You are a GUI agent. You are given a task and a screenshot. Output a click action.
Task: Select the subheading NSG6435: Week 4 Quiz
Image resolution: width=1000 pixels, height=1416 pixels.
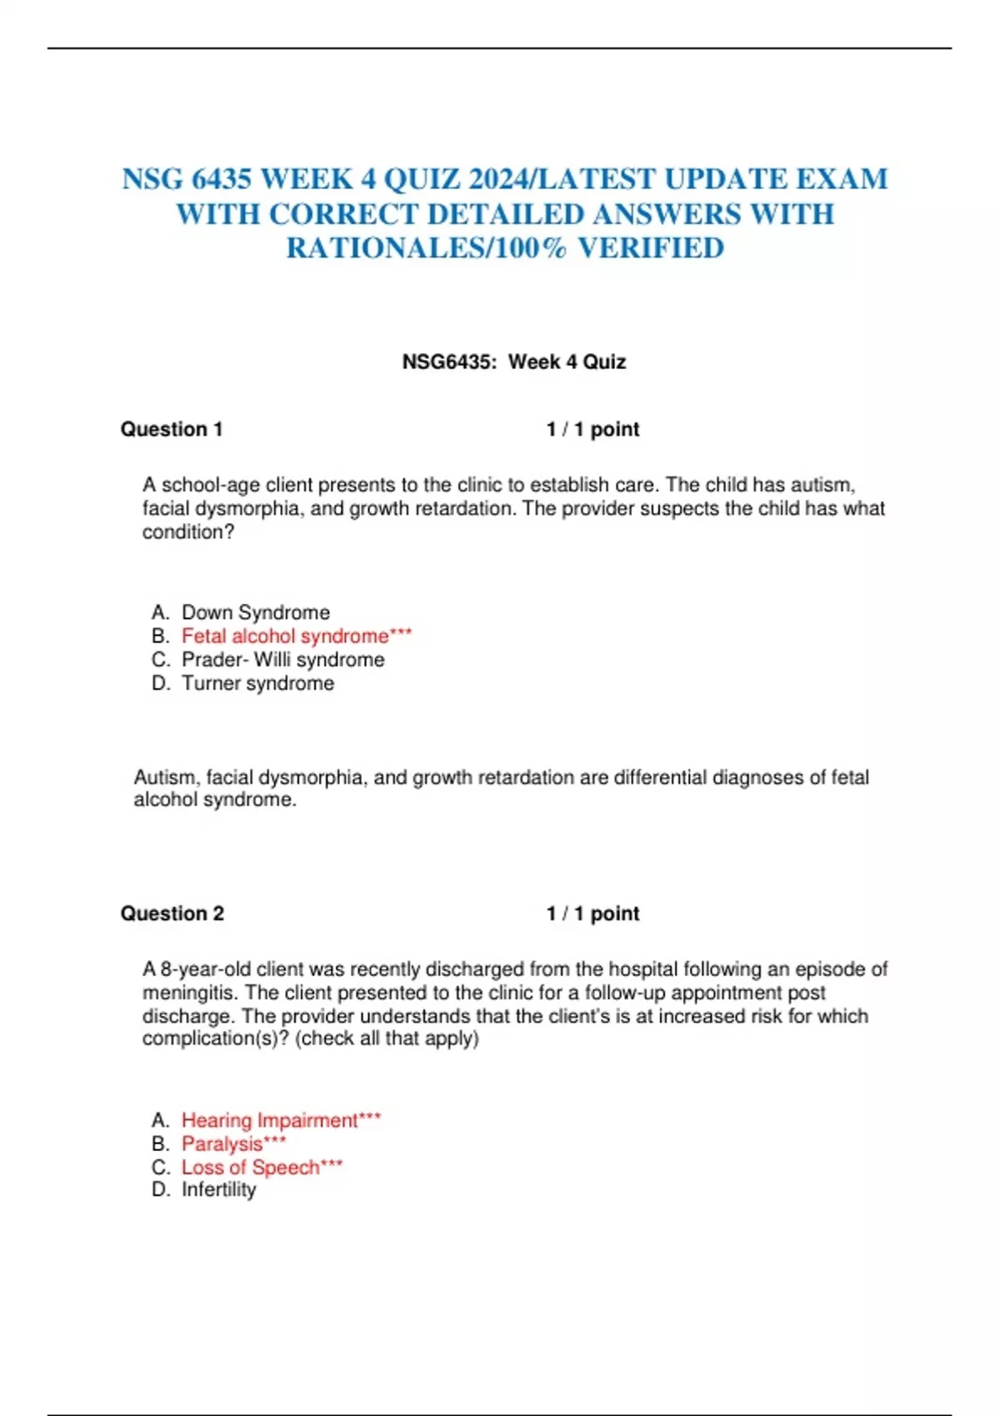tap(513, 361)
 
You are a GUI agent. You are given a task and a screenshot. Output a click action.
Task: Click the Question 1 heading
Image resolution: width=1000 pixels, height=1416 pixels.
tap(172, 429)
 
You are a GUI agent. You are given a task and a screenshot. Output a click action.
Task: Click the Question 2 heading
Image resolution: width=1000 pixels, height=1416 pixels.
tap(172, 913)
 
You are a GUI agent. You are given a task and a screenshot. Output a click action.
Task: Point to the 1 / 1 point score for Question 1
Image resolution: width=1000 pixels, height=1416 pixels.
tap(592, 429)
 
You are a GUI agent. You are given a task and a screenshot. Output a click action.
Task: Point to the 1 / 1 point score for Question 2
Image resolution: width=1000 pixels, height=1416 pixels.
tap(592, 913)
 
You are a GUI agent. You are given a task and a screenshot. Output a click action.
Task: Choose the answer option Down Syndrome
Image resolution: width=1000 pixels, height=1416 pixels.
tap(256, 612)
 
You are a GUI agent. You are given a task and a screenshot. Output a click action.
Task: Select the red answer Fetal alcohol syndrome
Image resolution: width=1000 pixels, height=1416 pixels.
tap(285, 636)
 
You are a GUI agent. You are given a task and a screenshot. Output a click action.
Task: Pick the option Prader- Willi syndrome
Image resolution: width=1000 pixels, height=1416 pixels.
tap(283, 660)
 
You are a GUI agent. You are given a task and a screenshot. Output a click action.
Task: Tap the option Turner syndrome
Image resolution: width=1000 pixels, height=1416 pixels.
tap(258, 683)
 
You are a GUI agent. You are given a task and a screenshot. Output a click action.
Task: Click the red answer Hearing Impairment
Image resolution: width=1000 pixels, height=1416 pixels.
tap(270, 1120)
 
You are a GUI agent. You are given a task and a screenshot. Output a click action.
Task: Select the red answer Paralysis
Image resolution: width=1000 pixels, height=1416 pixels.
tap(222, 1144)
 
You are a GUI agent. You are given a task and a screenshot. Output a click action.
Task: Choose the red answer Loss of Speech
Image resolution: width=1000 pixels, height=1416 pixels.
tap(251, 1167)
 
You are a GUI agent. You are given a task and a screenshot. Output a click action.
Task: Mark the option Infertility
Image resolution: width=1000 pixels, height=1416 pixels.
tap(219, 1189)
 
